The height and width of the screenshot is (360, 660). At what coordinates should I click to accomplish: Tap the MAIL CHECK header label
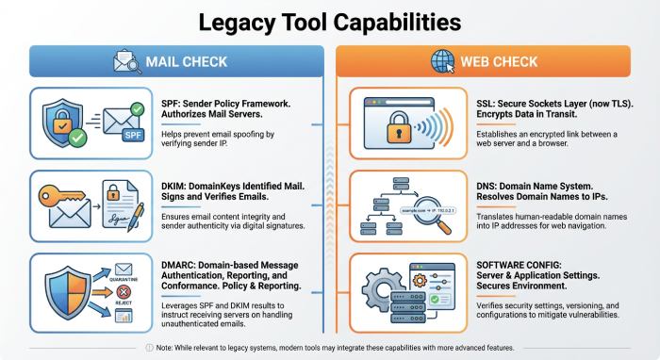tap(187, 63)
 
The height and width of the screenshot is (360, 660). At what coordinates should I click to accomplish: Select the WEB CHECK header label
tap(500, 63)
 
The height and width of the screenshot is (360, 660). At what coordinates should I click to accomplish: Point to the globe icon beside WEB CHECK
tap(440, 63)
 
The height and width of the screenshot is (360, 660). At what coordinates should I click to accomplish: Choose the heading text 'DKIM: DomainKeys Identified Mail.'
tap(231, 188)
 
